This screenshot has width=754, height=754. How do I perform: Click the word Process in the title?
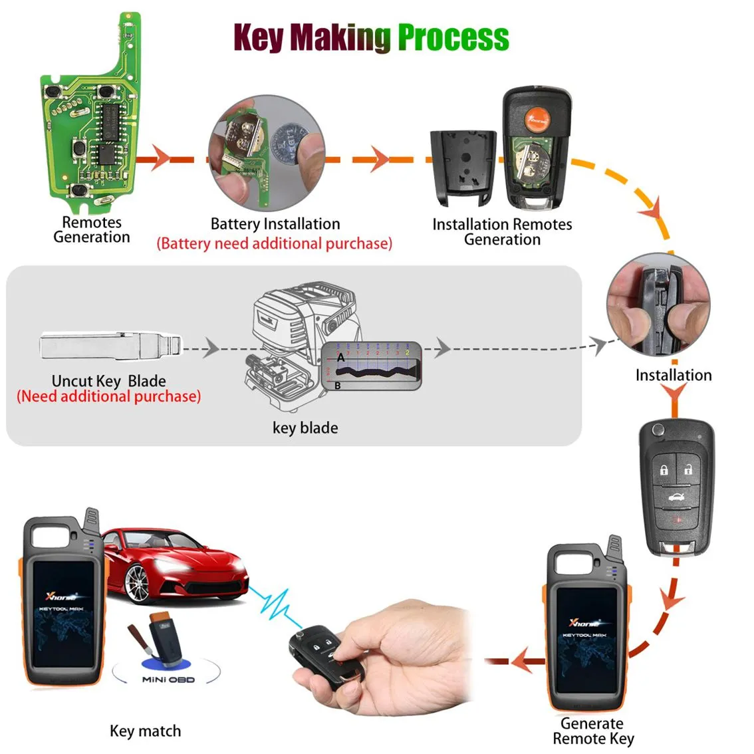(453, 37)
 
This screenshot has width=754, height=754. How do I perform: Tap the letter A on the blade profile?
(341, 358)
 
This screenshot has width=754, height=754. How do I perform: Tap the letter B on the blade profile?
(338, 385)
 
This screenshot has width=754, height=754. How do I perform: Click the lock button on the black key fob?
(664, 470)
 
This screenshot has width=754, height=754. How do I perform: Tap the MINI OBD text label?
(168, 680)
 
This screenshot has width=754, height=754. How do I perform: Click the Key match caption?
(145, 731)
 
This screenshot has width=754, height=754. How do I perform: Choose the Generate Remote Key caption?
(592, 731)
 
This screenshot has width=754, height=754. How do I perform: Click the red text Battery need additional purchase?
(274, 243)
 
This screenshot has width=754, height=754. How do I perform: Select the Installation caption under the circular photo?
(673, 375)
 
